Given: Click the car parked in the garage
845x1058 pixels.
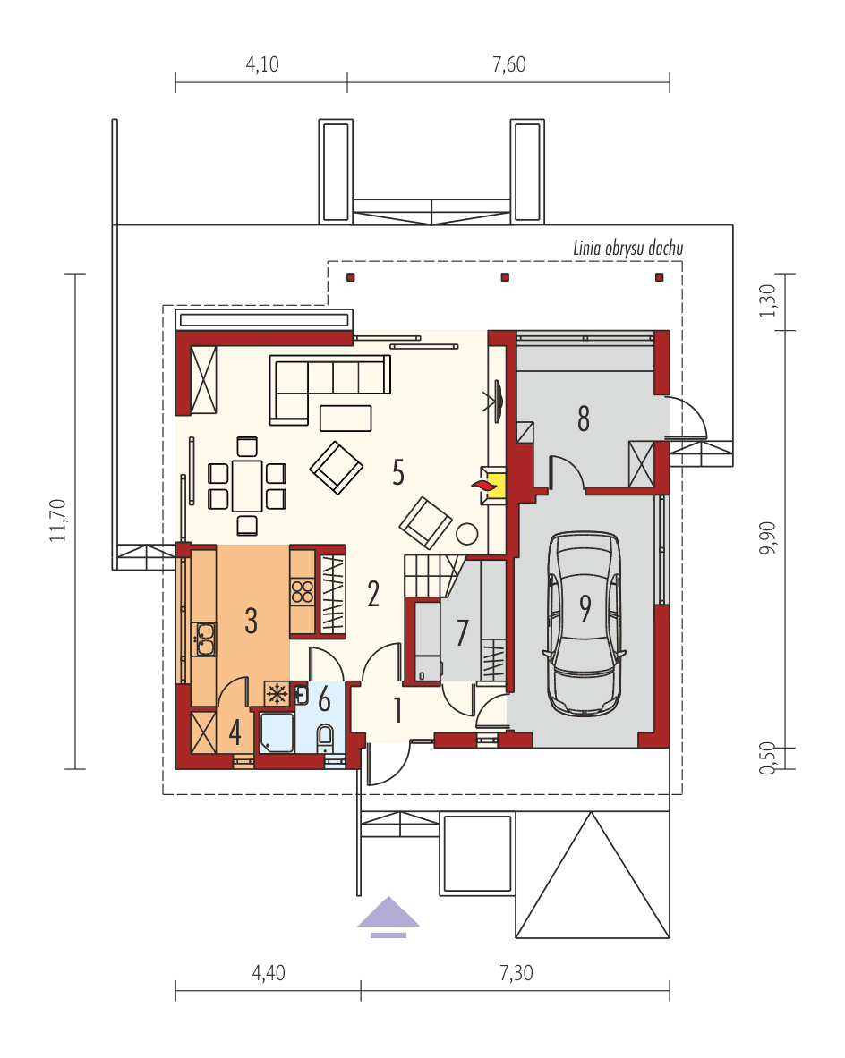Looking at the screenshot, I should (x=585, y=623).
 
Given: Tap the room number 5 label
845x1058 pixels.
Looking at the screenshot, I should (x=398, y=471).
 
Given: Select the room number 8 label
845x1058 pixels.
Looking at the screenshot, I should (x=584, y=418).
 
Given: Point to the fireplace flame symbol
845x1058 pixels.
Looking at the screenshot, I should (x=483, y=484).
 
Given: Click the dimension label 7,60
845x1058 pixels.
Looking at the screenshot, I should (x=508, y=64).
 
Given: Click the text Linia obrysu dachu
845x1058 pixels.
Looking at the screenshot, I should (x=627, y=249).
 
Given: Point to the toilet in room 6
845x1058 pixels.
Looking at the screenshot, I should (x=325, y=738).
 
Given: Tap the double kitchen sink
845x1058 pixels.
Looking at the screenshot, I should (x=205, y=637).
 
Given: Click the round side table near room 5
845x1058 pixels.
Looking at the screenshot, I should (x=467, y=535).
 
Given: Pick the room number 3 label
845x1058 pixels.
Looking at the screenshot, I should (x=252, y=620).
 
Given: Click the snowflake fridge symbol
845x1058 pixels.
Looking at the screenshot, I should (x=277, y=693).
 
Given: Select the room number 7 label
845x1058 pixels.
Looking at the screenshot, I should (x=462, y=632).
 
